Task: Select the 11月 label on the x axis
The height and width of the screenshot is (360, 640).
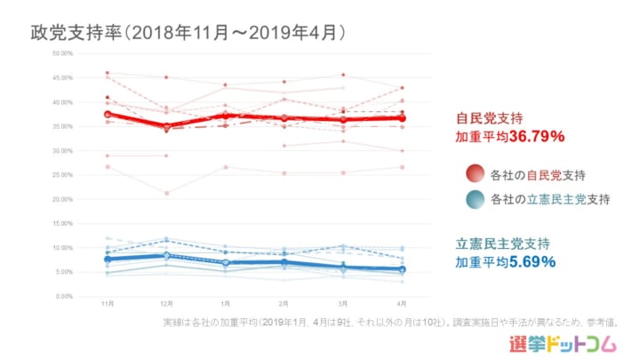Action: [108, 303]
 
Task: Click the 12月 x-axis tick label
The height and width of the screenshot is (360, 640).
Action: [166, 303]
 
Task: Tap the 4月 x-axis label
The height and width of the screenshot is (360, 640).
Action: [403, 303]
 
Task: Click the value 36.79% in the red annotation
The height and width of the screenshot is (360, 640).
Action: [537, 138]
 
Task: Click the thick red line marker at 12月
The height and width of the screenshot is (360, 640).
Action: [166, 127]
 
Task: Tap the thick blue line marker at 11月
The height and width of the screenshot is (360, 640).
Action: [108, 259]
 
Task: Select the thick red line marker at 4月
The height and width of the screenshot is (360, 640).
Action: [403, 118]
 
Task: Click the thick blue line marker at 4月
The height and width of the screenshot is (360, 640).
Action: [403, 269]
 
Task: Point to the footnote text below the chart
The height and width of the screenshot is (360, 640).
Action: [391, 321]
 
